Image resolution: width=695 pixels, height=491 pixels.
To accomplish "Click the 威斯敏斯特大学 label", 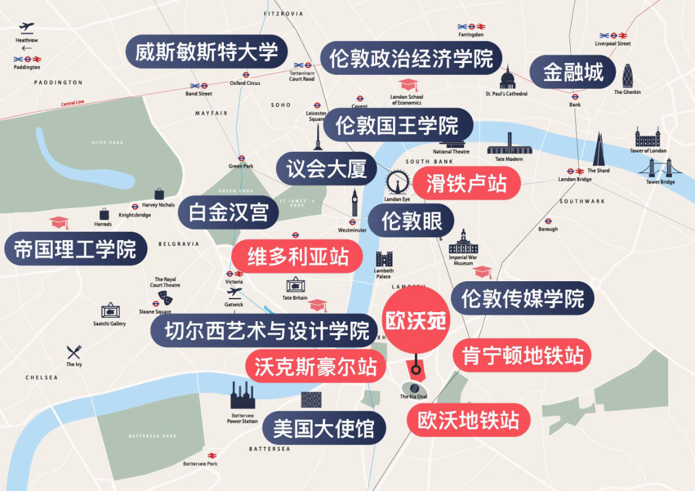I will pyautogui.click(x=206, y=52).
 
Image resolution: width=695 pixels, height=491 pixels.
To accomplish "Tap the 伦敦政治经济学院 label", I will pyautogui.click(x=411, y=59).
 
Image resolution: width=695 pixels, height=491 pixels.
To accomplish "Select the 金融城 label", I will pyautogui.click(x=573, y=72).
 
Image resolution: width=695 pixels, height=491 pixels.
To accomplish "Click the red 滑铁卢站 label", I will pyautogui.click(x=466, y=183).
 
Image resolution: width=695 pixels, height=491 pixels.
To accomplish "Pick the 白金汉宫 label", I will pyautogui.click(x=228, y=212).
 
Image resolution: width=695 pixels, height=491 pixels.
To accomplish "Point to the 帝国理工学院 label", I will pyautogui.click(x=75, y=249).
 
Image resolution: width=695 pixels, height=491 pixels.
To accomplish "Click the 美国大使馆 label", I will pyautogui.click(x=324, y=428).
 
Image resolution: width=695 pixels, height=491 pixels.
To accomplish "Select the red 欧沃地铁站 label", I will pyautogui.click(x=468, y=420).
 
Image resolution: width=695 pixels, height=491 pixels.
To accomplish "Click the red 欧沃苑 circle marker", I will pyautogui.click(x=416, y=320).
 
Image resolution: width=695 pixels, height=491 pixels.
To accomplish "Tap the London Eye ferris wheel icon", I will pyautogui.click(x=397, y=183).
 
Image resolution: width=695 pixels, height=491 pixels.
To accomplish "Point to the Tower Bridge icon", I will pyautogui.click(x=660, y=168).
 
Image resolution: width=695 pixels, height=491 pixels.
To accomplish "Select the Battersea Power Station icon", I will pyautogui.click(x=243, y=396).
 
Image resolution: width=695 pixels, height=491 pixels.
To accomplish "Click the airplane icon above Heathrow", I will pyautogui.click(x=26, y=28).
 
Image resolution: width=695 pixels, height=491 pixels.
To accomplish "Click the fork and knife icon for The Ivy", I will pyautogui.click(x=74, y=352).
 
